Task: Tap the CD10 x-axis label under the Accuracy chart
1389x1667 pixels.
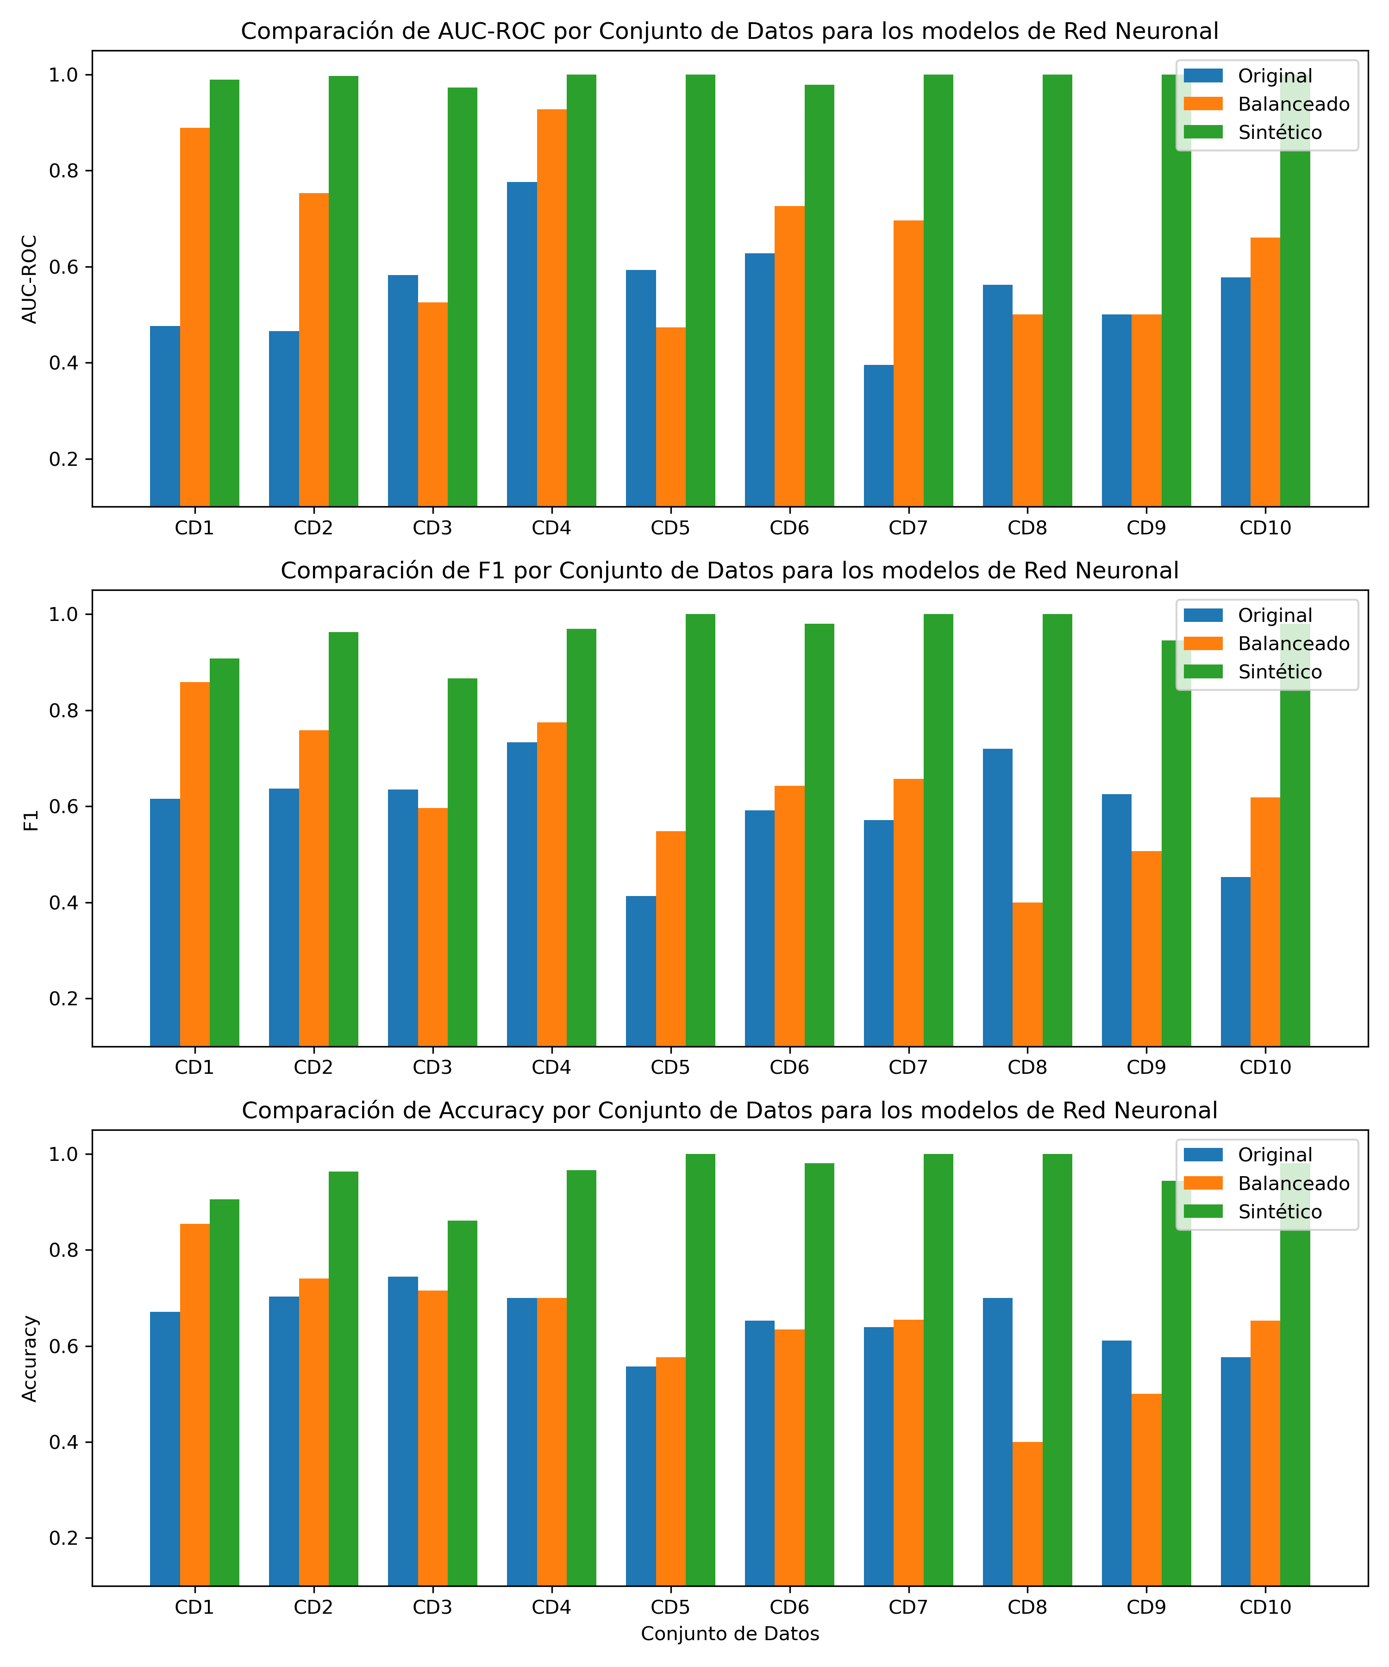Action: tap(1265, 1607)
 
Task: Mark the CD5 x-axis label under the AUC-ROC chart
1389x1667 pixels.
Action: tap(670, 528)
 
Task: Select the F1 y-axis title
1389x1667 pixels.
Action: tap(30, 820)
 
